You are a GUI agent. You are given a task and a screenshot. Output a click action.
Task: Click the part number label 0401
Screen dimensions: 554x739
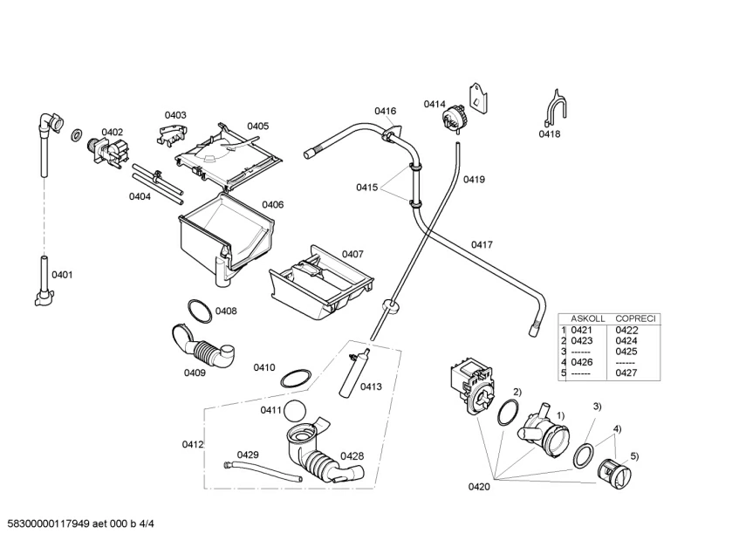point(63,275)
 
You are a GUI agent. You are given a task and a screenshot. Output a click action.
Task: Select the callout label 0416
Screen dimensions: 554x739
point(385,111)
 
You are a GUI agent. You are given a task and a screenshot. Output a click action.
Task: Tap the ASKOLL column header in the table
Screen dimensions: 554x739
point(587,318)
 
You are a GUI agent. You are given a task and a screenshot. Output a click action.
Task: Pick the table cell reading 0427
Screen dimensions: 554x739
point(626,373)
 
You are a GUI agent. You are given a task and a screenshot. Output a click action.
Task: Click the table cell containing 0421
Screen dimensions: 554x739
point(581,330)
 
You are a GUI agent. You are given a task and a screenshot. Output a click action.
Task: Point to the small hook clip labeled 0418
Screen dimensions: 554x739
point(552,107)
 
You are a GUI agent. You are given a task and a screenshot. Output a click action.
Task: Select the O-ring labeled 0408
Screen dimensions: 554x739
point(198,309)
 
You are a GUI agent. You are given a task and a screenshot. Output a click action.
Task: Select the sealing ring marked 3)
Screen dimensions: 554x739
point(584,454)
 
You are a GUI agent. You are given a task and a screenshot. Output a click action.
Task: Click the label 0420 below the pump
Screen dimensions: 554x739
point(479,487)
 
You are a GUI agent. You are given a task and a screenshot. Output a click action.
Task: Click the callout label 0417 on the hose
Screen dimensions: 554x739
point(482,245)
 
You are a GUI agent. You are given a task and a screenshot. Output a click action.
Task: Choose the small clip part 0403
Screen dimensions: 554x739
point(173,133)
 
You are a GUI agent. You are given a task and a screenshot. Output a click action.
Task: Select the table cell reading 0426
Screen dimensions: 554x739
point(581,362)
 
